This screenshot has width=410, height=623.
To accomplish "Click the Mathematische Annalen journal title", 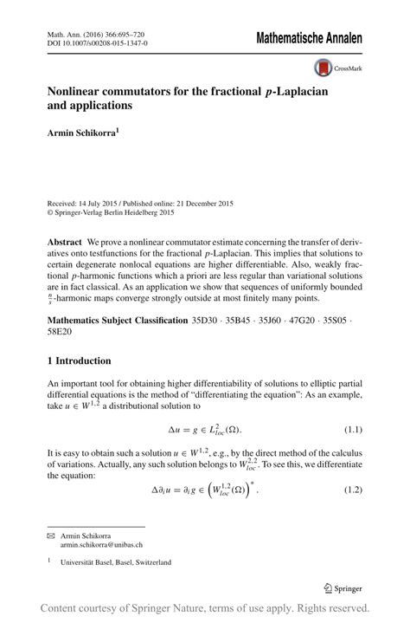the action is point(308,39).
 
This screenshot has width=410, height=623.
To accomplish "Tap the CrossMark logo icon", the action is point(323,68).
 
